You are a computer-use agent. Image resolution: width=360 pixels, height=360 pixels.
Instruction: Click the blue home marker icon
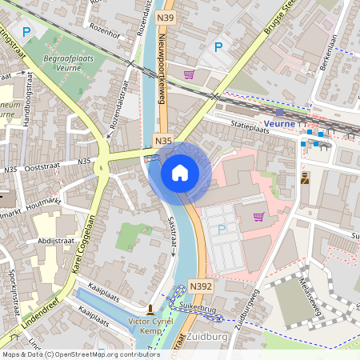(x=180, y=172)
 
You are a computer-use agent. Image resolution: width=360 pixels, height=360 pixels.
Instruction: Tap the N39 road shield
(x=166, y=16)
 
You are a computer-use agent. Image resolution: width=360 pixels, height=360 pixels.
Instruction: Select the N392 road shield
(x=200, y=285)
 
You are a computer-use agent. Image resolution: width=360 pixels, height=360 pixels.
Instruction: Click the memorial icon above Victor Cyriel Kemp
(x=149, y=309)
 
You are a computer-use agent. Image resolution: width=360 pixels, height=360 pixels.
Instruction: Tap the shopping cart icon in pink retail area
(x=258, y=217)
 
